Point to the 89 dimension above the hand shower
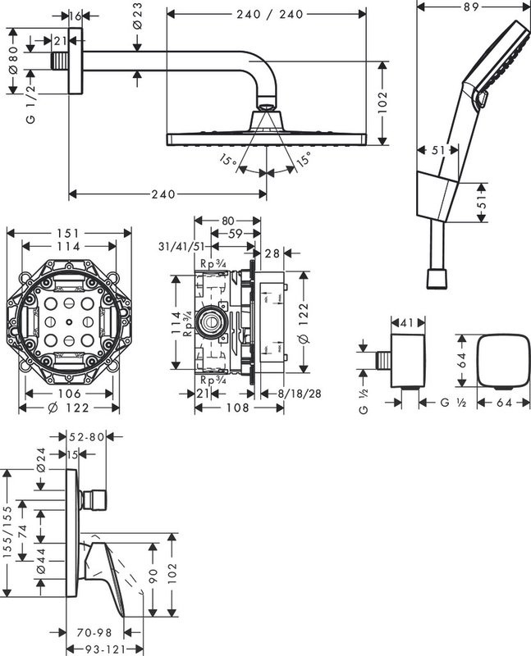(471, 7)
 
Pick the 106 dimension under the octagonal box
(68, 393)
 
